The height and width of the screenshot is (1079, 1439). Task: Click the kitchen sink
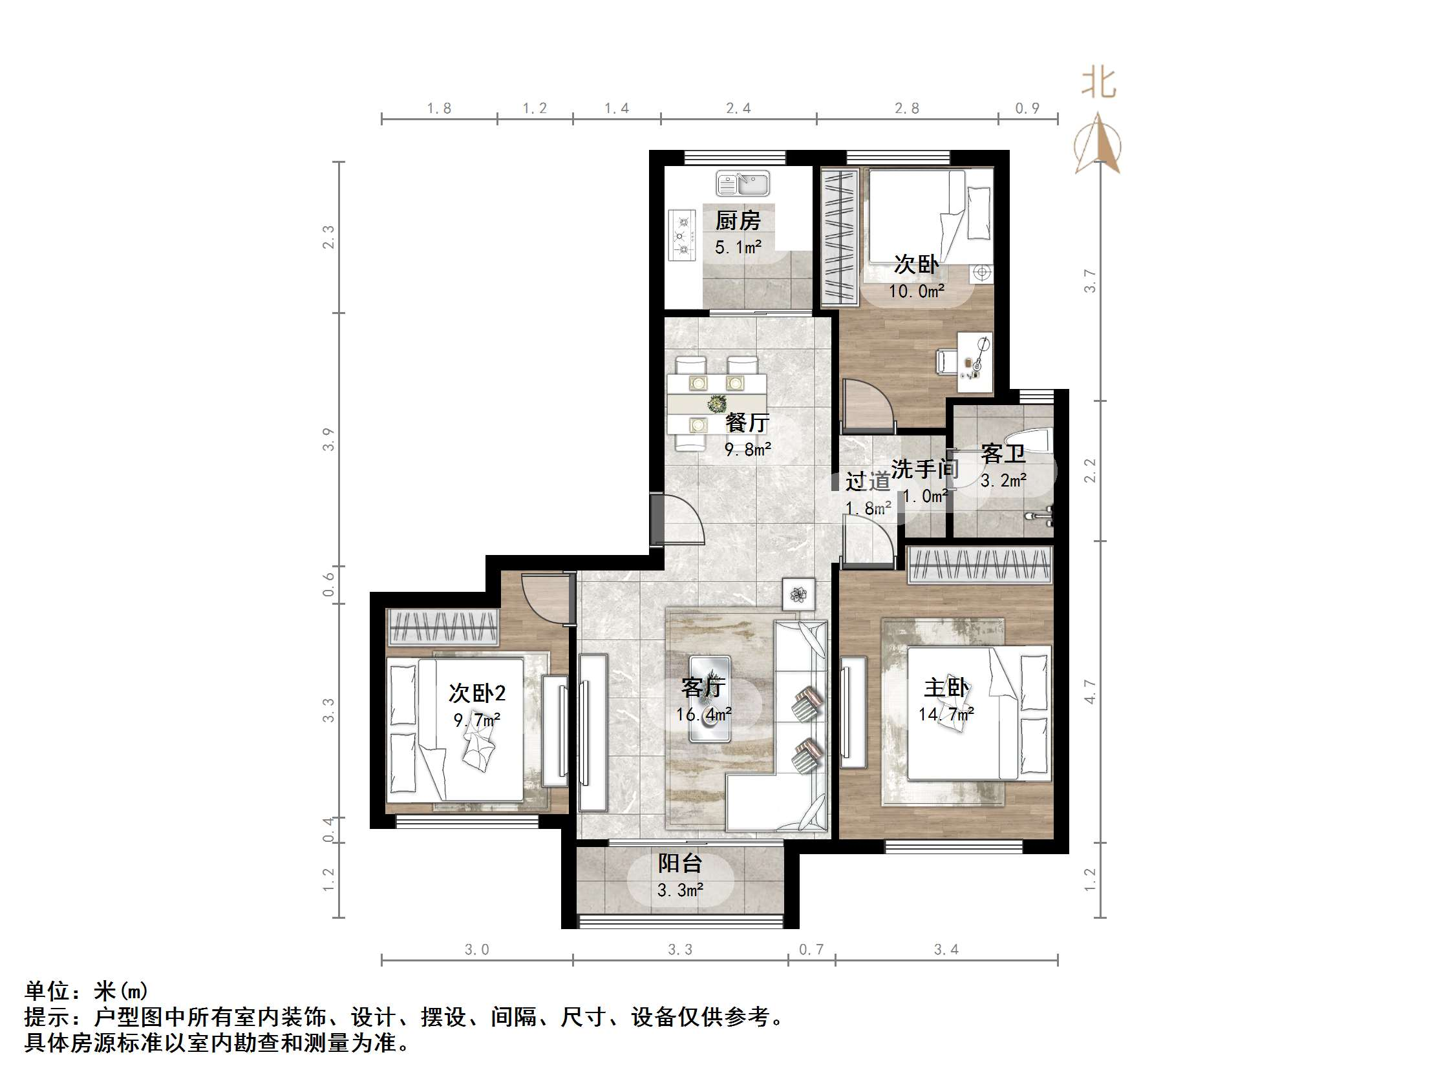coord(742,183)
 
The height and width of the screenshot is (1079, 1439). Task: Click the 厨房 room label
coord(738,221)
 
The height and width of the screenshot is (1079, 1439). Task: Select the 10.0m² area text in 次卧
coord(917,291)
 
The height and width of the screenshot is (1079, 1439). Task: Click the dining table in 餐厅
coord(716,404)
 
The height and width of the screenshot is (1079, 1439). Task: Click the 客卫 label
coord(1003,454)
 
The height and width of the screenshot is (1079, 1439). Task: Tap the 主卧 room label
coord(946,687)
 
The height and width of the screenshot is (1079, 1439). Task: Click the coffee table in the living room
coord(710,699)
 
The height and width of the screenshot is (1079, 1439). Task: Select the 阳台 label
coord(680,863)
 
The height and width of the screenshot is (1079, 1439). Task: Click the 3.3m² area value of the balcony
coord(680,890)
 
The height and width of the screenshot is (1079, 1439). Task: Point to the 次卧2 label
coord(477,693)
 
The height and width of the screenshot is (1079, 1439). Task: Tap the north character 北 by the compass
coord(1099,84)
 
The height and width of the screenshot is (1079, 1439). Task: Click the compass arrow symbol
coord(1098,144)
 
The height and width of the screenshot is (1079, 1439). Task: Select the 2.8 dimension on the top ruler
coord(907,109)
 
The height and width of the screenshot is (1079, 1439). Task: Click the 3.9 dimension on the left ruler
coord(328,439)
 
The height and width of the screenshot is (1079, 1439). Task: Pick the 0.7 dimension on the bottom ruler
coord(811,950)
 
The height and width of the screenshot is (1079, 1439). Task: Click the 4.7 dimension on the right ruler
coord(1091,691)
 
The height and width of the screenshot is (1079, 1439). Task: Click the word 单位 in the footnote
coord(47,991)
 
